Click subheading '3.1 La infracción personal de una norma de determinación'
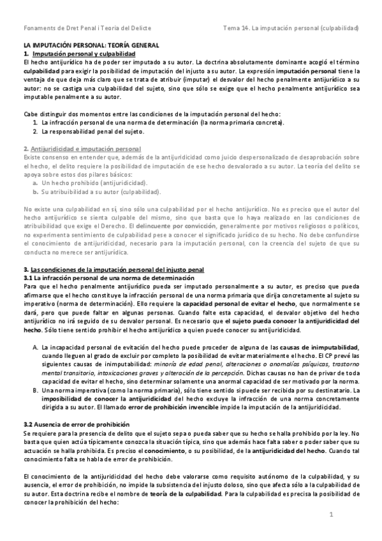click(x=108, y=279)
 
